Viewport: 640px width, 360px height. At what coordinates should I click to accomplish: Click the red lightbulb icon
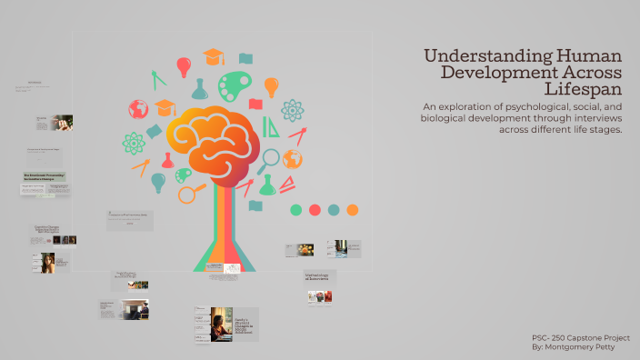point(184,66)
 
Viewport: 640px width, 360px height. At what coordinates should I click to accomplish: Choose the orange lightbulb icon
point(270,86)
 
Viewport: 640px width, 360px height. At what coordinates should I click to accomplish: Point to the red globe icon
point(138,109)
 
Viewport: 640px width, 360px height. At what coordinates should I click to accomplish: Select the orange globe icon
point(292,159)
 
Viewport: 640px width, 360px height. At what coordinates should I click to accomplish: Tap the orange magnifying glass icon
point(191,193)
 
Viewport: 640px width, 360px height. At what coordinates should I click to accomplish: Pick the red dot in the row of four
point(315,210)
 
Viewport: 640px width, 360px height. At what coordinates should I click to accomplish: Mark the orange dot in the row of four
point(352,210)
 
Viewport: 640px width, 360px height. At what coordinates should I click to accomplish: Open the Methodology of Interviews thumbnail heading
point(319,275)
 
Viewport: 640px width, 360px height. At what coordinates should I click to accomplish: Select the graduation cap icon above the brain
point(213,56)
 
